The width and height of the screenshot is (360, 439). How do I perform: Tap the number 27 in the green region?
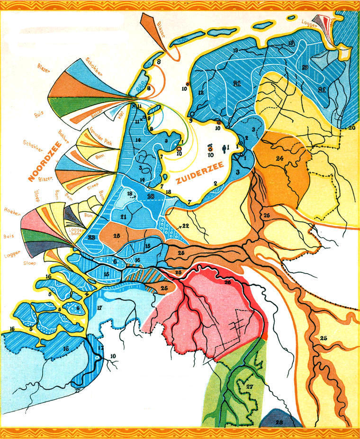click(x=250, y=386)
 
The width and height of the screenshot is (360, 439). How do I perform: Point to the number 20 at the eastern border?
click(x=351, y=128)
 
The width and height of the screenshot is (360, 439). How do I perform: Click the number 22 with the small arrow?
click(x=184, y=225)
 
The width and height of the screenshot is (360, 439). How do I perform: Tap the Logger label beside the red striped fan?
click(x=308, y=22)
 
